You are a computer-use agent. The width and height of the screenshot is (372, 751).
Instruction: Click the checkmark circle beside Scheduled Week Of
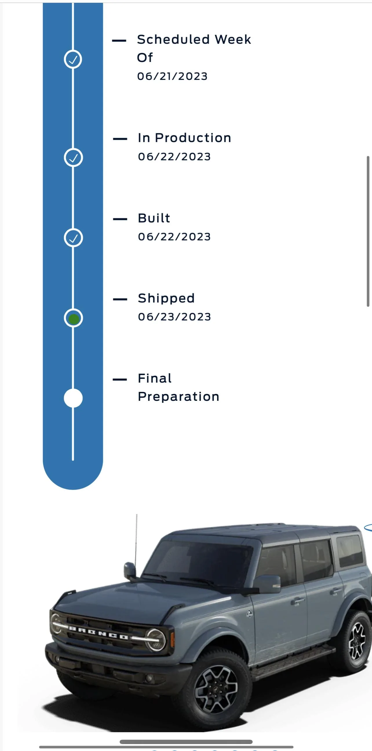point(73,59)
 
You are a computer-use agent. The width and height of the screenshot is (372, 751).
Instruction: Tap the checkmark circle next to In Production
point(73,157)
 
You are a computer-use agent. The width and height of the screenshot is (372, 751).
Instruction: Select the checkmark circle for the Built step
point(73,238)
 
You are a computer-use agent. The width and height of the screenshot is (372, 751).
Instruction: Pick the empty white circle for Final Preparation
point(73,398)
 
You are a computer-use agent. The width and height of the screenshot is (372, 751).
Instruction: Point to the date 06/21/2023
point(172,76)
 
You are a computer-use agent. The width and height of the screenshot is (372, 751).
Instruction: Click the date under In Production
point(174,157)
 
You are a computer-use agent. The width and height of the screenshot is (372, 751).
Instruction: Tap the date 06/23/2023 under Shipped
point(174,317)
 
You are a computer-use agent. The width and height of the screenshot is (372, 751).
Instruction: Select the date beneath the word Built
point(174,237)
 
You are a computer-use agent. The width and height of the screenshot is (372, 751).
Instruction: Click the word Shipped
point(166,299)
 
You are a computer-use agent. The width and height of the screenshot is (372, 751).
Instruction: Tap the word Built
point(154,218)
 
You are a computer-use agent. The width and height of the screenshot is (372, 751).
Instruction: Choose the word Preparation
point(178,397)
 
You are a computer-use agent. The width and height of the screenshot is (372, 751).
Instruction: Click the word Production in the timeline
point(193,138)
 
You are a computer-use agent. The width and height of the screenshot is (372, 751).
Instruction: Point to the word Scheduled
point(173,40)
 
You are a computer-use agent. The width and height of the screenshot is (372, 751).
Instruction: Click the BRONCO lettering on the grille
point(99,632)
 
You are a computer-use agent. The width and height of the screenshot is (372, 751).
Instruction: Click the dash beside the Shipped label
point(120,299)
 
